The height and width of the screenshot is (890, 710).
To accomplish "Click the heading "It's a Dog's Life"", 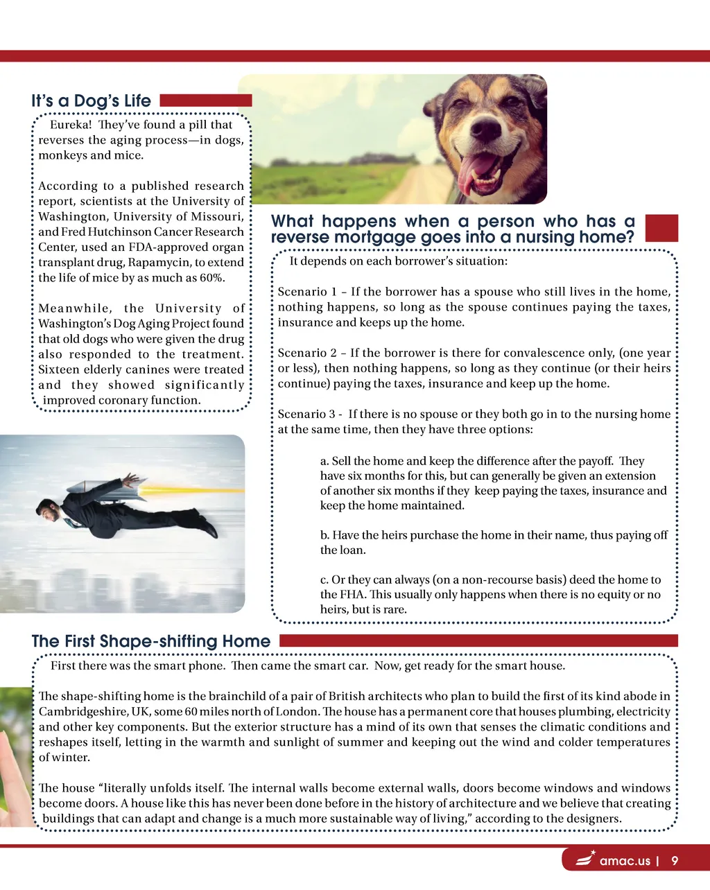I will coord(91,101).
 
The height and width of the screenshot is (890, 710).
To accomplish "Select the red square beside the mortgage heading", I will coord(661,228).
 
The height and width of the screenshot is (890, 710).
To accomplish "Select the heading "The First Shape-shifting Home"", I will coord(150,641).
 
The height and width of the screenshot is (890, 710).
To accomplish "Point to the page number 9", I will coord(675,861).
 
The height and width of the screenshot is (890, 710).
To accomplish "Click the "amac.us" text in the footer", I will coord(625,861).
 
